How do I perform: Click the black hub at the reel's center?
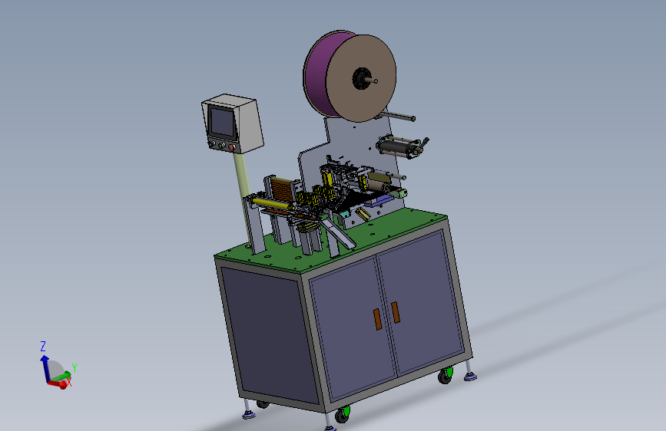pos(362,78)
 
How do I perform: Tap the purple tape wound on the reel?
pos(316,72)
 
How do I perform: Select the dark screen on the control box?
pos(223,122)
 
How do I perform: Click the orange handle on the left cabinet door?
pos(377,319)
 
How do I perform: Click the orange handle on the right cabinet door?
pos(396,312)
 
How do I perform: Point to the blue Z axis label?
pos(43,347)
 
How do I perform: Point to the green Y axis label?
pos(75,368)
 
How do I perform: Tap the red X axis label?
pos(69,382)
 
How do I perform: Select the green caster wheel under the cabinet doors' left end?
pos(343,414)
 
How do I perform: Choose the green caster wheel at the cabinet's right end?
pos(446,376)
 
